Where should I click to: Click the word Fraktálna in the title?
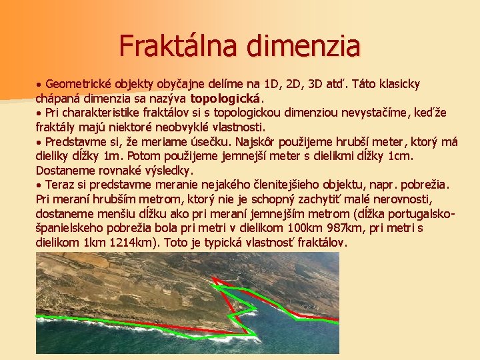[x=179, y=46]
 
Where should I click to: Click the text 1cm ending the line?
[x=401, y=156]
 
